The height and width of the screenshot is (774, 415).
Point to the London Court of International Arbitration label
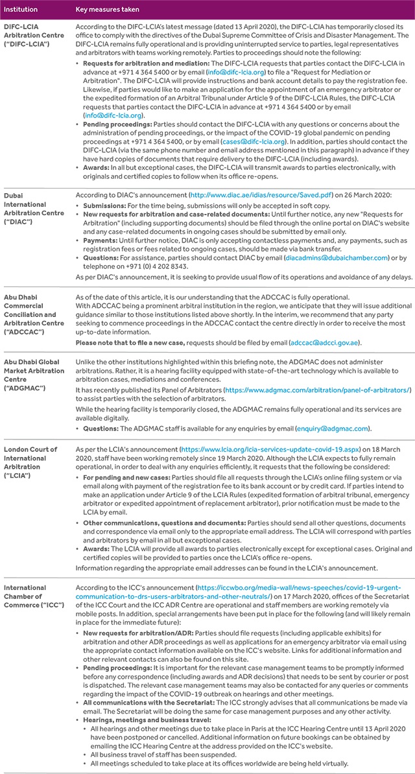tap(30, 461)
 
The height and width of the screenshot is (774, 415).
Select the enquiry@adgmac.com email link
tap(332, 428)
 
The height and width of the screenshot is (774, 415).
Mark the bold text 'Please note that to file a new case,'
tap(130, 342)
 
